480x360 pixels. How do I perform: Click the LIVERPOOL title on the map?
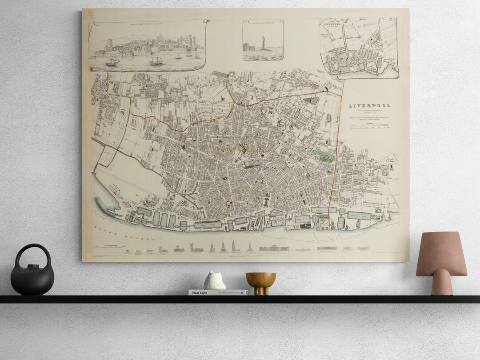(x=369, y=106)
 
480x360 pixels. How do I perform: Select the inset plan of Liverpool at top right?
(x=359, y=48)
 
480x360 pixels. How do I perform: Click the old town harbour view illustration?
(x=147, y=47)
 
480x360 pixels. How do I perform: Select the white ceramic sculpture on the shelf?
(x=215, y=281)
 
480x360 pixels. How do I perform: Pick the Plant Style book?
(x=217, y=292)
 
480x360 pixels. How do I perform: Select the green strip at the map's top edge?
(x=219, y=73)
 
